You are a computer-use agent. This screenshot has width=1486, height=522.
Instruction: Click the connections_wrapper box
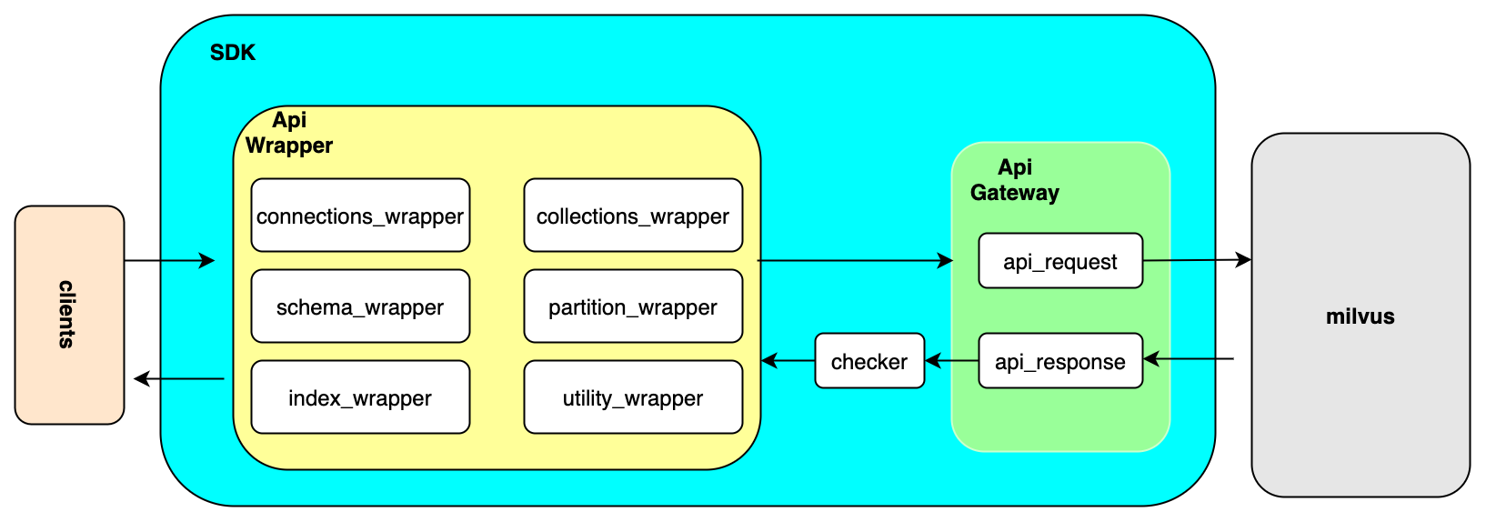tap(360, 216)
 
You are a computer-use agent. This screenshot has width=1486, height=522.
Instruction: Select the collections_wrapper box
tap(633, 216)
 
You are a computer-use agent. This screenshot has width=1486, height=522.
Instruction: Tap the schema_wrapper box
tap(360, 306)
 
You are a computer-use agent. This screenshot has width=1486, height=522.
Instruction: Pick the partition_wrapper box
tap(633, 306)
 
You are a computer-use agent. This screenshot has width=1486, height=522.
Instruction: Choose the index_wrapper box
tap(360, 397)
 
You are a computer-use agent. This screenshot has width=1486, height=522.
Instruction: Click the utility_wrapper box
tap(633, 397)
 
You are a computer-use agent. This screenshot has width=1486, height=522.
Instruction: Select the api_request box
tap(1060, 261)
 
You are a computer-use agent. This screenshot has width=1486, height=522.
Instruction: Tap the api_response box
tap(1060, 361)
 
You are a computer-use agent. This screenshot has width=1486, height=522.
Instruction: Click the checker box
tap(869, 361)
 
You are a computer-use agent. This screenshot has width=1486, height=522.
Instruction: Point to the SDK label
tap(233, 53)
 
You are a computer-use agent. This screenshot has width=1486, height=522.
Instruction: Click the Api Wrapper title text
tap(289, 133)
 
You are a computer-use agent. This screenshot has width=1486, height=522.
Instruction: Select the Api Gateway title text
tap(1015, 180)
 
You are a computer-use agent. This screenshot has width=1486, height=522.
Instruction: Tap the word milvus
tap(1360, 316)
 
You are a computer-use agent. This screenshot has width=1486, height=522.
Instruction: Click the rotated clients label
tap(67, 315)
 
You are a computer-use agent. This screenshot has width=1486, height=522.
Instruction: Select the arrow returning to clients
tap(178, 378)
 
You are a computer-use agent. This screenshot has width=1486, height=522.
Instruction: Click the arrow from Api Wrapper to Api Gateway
tap(855, 261)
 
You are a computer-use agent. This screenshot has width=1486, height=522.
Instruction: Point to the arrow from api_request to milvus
tap(1197, 260)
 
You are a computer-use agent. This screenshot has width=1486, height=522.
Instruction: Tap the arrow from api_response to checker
tap(951, 361)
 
